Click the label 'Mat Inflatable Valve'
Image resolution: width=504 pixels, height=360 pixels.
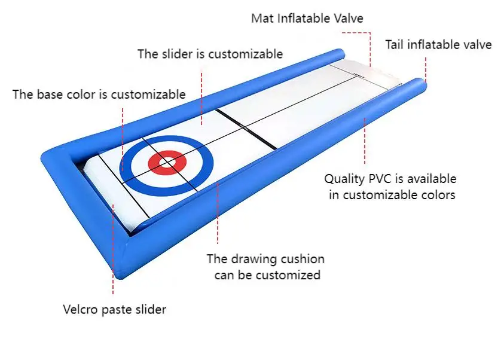[x=307, y=19]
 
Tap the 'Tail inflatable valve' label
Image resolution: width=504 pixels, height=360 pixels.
[x=438, y=44]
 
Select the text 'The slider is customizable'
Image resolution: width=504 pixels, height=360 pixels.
[x=210, y=54]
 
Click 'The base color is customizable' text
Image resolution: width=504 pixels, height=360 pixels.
[x=99, y=94]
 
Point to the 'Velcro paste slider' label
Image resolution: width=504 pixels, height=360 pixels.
[x=114, y=309]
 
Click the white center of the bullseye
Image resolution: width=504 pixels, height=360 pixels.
[x=167, y=162]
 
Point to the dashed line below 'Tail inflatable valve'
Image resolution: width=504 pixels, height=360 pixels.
[x=426, y=67]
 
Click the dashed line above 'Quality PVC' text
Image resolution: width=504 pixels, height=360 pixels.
[x=364, y=141]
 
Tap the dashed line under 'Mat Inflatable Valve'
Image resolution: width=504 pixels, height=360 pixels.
[x=371, y=45]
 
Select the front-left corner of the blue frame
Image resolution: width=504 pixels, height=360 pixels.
[x=50, y=157]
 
